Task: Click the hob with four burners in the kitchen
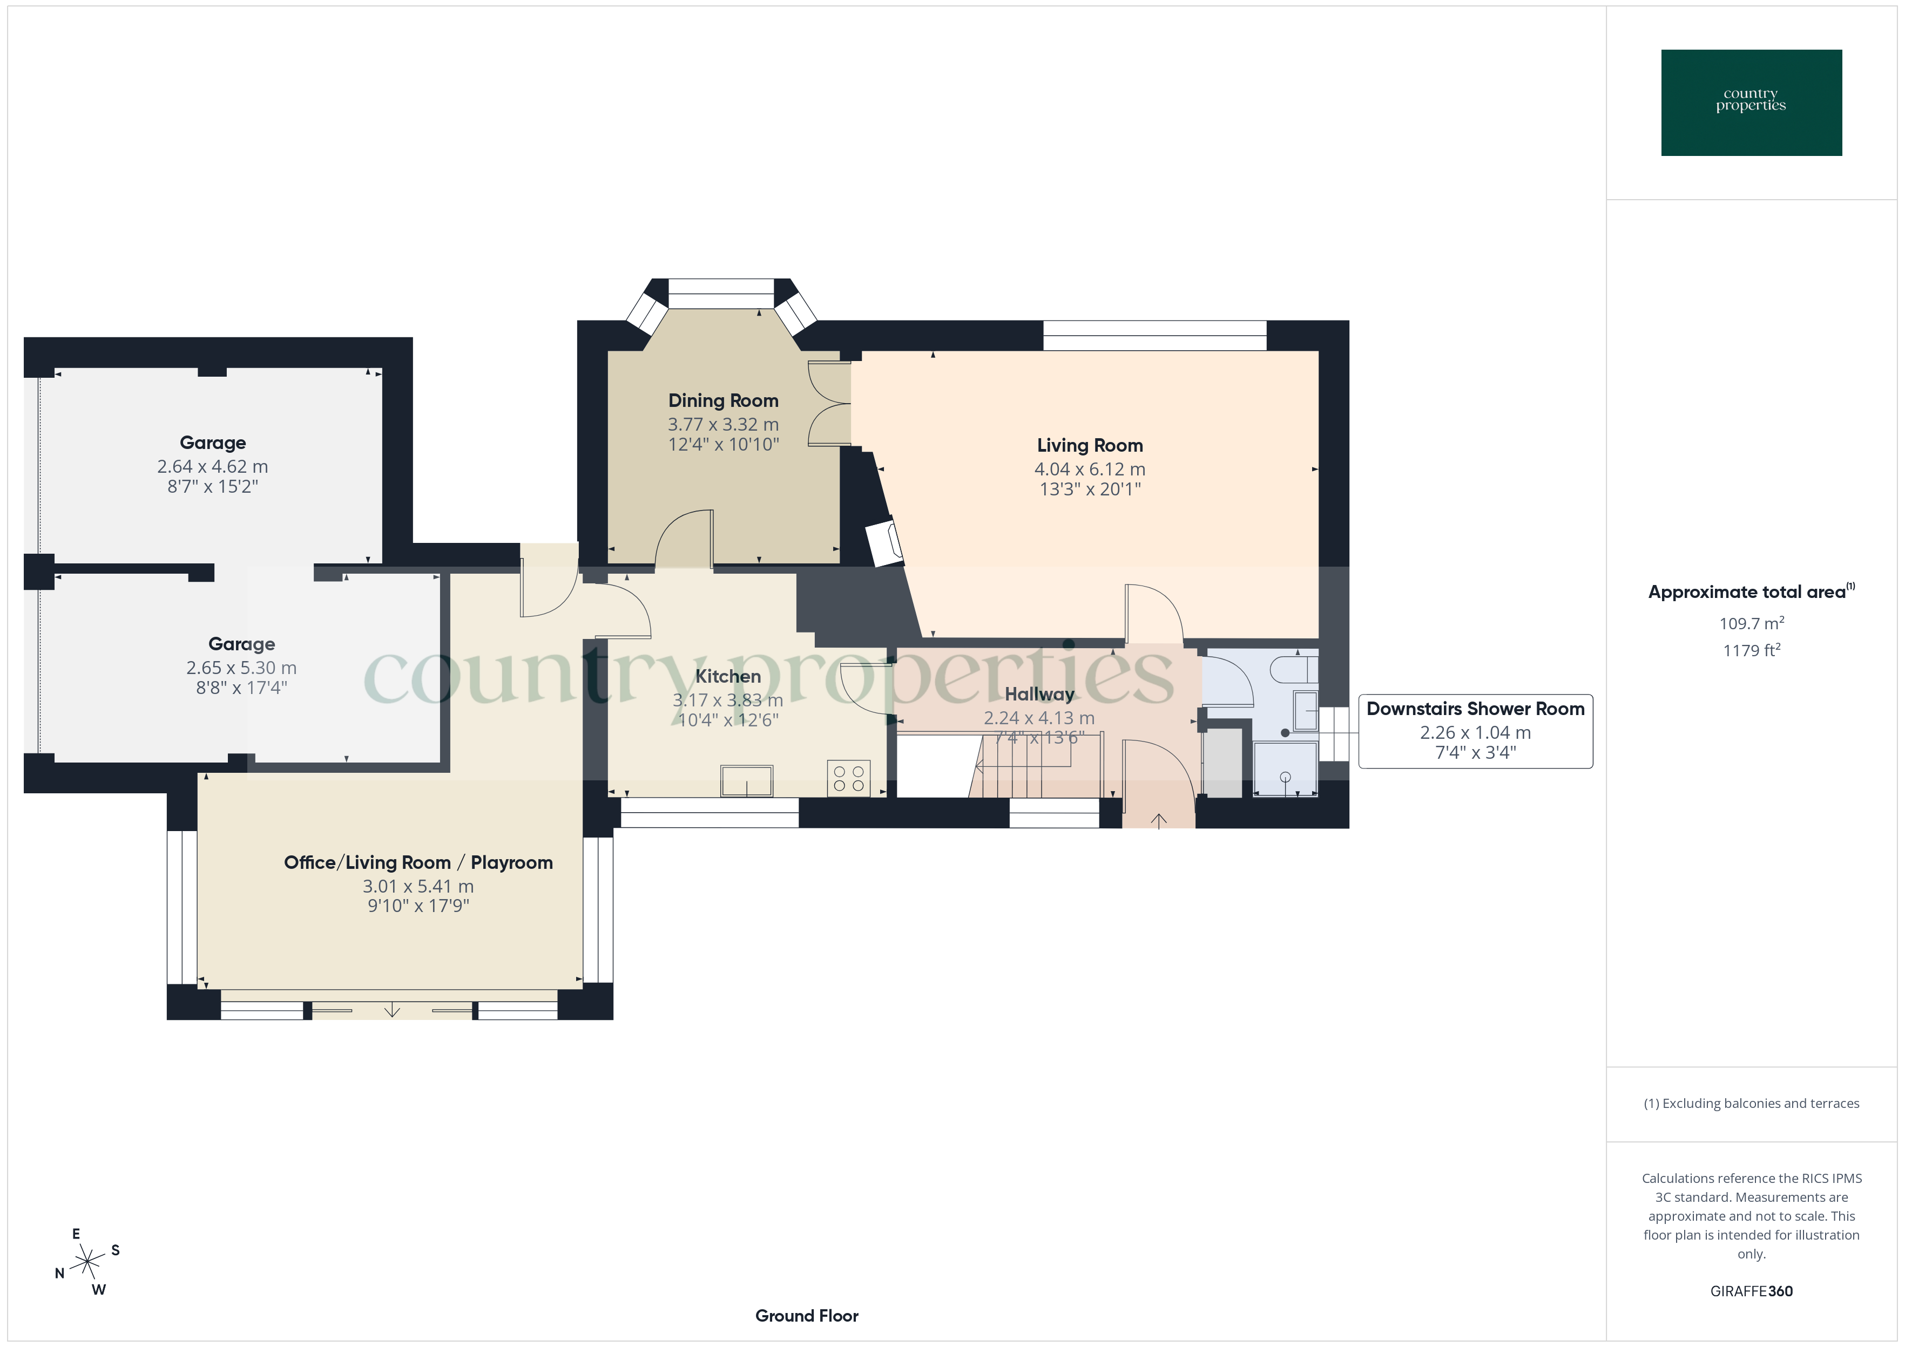coord(848,778)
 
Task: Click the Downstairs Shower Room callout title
coord(1475,709)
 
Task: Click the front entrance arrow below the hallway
coord(1158,820)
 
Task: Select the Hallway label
coord(1039,693)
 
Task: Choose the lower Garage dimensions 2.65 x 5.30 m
coord(241,668)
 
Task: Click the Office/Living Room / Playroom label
coord(418,862)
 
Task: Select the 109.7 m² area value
coord(1751,623)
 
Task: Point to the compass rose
coord(86,1262)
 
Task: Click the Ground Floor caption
coord(806,1316)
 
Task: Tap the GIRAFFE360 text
coord(1751,1290)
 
